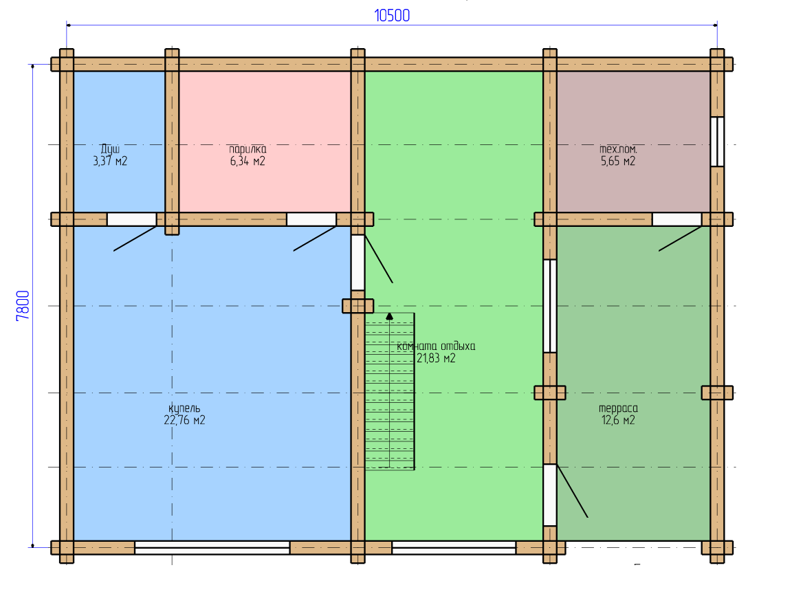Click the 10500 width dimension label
392,16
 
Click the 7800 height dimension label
23,306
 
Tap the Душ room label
110,149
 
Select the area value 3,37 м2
110,162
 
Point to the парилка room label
248,149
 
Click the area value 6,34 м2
248,162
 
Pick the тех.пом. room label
618,149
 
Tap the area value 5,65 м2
618,162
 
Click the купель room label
184,408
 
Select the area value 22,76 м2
184,420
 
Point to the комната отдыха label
436,346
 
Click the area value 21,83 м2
436,358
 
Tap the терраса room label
618,408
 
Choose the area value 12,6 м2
618,420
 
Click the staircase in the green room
390,391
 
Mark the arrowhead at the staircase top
390,316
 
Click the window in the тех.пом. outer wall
717,142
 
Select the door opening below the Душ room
131,219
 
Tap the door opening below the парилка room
311,219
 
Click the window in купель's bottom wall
212,547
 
